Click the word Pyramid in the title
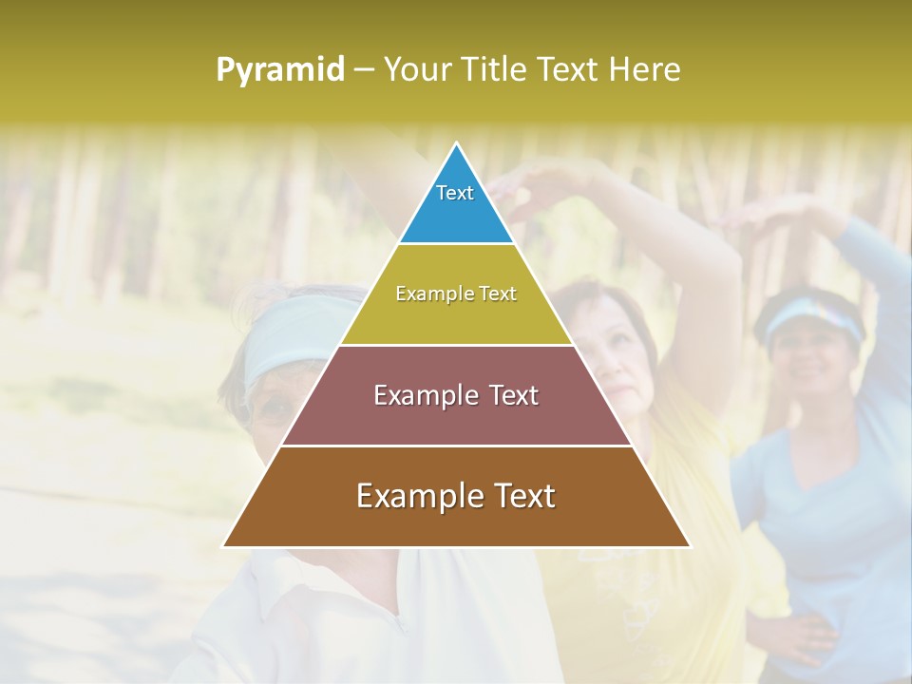coord(279,70)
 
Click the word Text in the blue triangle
coord(455,193)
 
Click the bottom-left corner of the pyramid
coord(225,545)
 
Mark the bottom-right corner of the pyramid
coord(689,545)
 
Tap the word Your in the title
coord(414,70)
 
